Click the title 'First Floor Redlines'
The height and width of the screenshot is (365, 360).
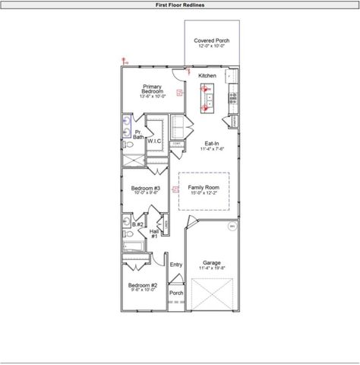pos(179,5)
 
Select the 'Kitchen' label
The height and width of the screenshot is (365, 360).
pos(207,76)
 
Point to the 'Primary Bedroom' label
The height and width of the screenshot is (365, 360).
pos(152,91)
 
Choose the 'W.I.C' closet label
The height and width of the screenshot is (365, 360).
pos(154,141)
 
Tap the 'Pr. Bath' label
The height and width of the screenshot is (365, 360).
pos(138,135)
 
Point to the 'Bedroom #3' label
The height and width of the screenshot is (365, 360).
pos(145,189)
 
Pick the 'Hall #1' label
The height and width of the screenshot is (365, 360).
pos(154,233)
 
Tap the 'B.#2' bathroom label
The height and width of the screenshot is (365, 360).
pos(137,224)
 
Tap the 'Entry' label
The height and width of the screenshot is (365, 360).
pos(176,265)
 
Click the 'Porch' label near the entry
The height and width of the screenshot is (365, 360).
pos(176,293)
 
